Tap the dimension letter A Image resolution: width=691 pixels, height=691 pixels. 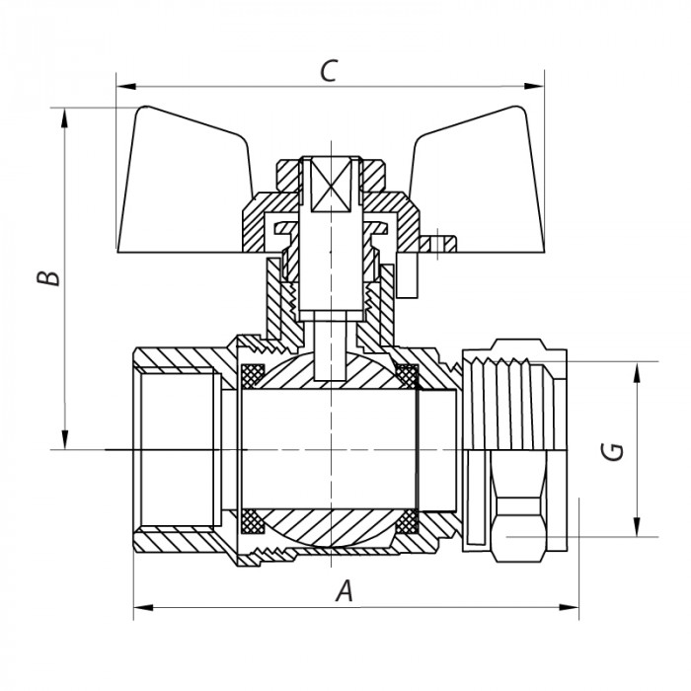[345, 591]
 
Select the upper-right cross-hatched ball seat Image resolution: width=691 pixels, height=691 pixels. [406, 376]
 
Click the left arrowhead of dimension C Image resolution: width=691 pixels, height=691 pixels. [122, 86]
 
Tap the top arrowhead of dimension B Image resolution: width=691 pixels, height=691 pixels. [65, 115]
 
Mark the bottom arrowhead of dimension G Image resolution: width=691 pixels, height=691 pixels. [637, 529]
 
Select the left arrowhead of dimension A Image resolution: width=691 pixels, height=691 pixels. [139, 606]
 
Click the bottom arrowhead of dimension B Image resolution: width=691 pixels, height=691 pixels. [65, 441]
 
